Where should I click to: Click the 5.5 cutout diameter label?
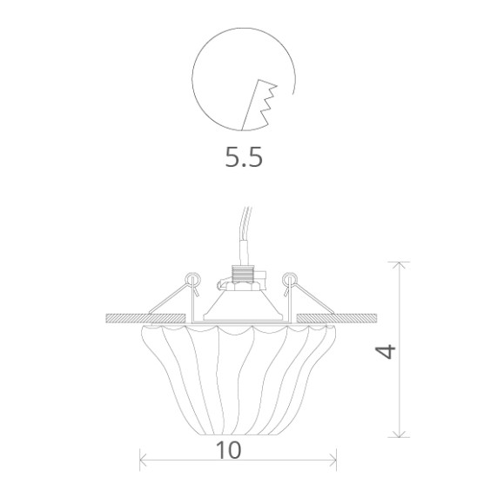click(244, 157)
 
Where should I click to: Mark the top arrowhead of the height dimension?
click(400, 263)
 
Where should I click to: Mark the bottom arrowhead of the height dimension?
click(400, 434)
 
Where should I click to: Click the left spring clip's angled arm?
click(169, 300)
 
